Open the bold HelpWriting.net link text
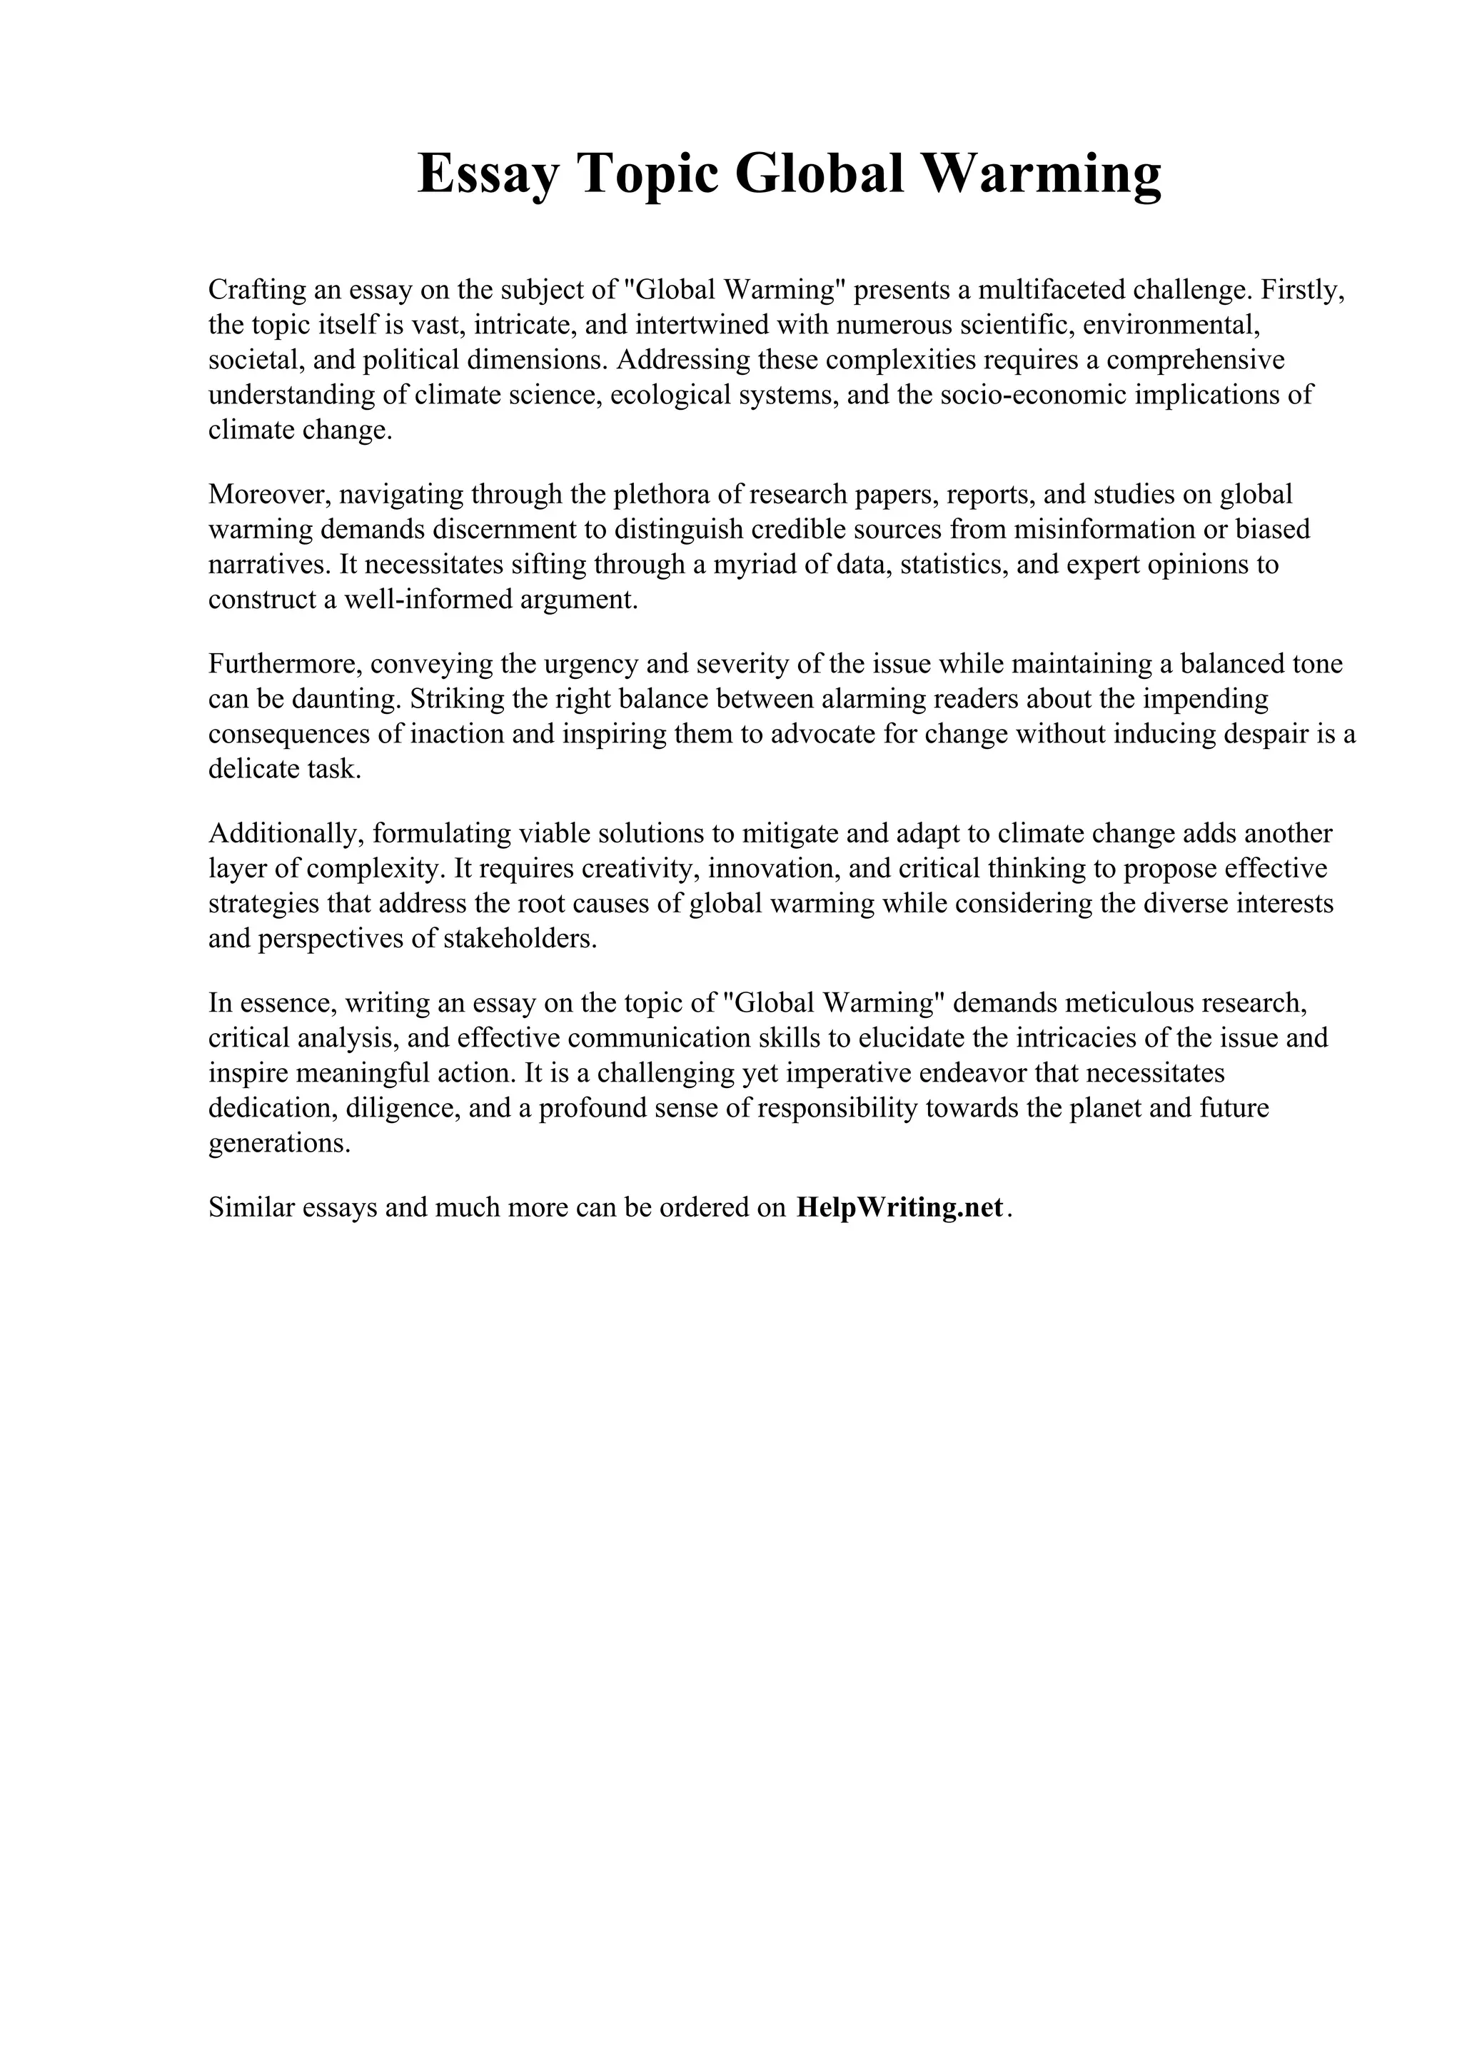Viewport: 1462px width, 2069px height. [899, 1207]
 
